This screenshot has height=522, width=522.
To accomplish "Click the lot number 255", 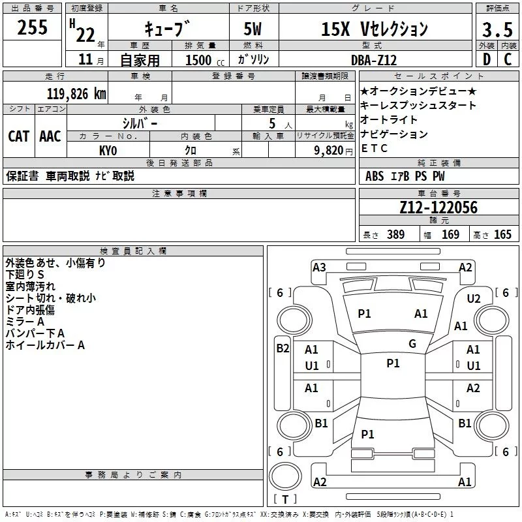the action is point(33,28).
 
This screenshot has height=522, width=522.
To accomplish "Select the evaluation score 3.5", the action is point(497,29).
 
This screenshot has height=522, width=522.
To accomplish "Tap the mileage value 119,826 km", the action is point(76,93).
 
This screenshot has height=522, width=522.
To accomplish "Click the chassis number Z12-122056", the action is point(438,207).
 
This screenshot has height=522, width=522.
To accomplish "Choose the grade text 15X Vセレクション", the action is point(375,29).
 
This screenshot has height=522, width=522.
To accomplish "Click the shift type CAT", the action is point(18,136).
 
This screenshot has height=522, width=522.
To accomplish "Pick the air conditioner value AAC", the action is point(50,136).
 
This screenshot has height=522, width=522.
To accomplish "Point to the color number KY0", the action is point(108,149).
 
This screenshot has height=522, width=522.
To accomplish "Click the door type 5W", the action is point(254,29).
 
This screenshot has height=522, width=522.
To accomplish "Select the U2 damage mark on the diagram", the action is point(474,298).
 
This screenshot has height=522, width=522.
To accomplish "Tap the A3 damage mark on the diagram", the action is point(319,267).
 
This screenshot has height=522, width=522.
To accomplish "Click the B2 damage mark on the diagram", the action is point(283,348).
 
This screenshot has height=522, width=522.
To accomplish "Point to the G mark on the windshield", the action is point(412,344).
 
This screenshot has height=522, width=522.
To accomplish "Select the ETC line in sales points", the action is point(375,148).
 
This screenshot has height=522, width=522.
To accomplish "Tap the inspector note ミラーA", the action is point(25,322).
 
